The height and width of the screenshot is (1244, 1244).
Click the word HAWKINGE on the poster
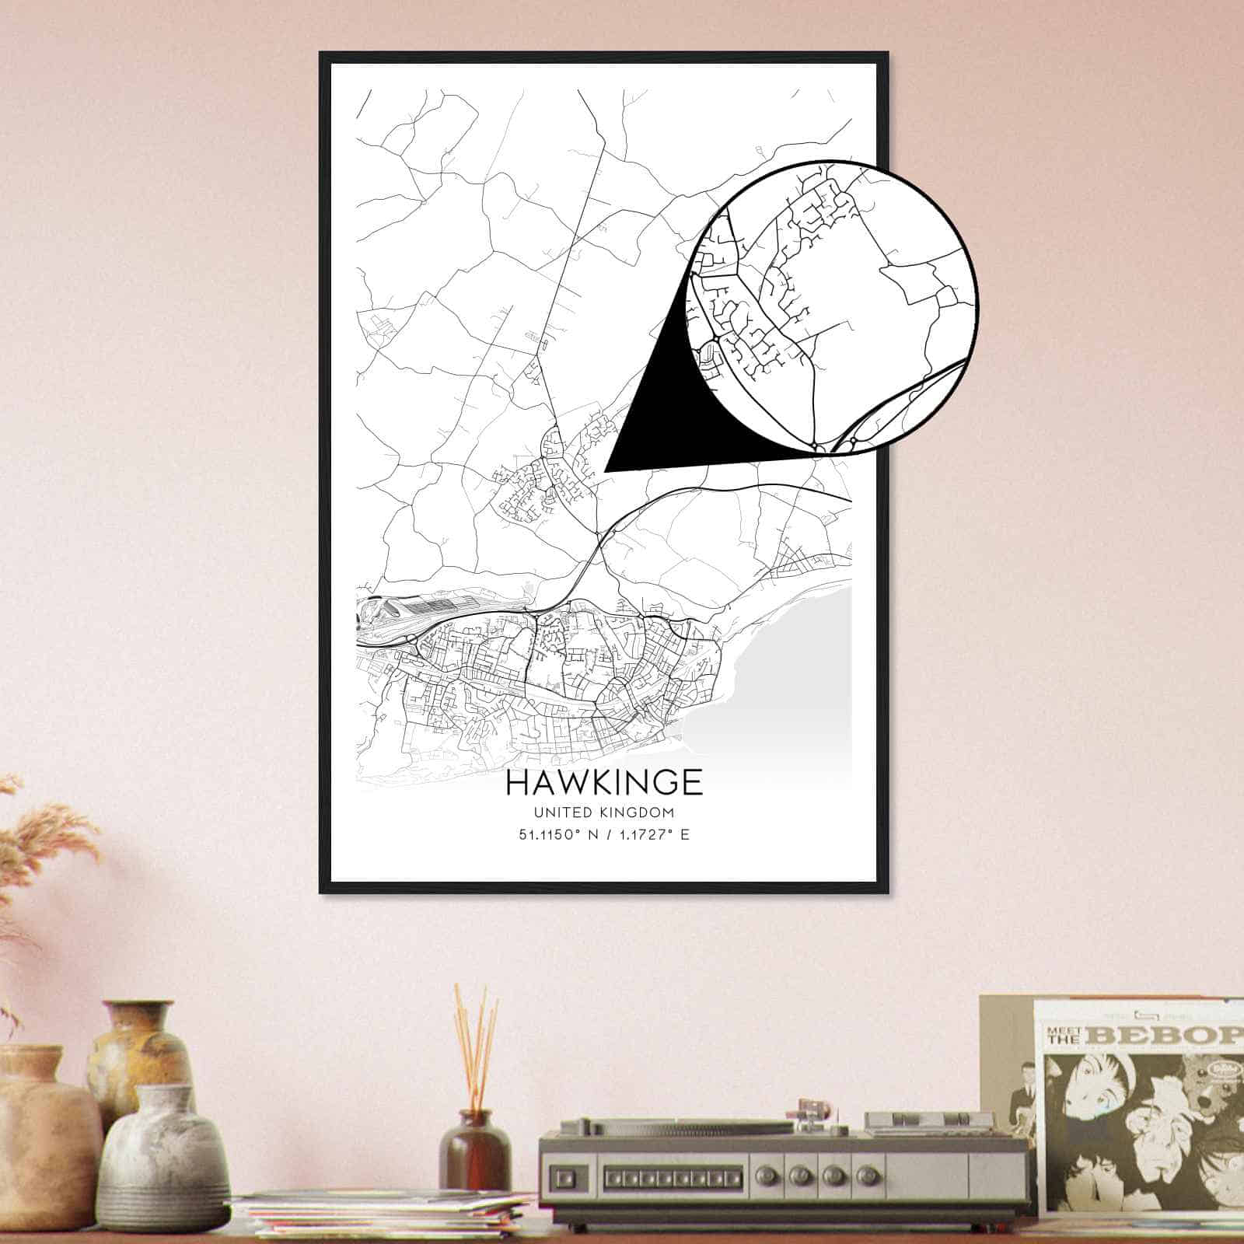(604, 783)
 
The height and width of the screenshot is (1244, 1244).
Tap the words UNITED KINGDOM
(603, 812)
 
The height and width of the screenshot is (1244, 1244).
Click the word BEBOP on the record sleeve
(1166, 1036)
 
